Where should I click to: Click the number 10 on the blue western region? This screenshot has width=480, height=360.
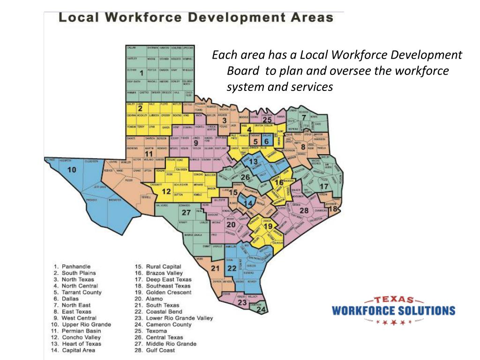tap(71, 170)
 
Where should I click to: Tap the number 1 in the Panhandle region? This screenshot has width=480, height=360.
tap(141, 73)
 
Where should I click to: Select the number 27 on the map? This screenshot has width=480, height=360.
tap(186, 212)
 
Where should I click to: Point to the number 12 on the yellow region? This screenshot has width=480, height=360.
tap(166, 191)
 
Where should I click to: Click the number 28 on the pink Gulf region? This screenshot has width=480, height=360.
tap(304, 211)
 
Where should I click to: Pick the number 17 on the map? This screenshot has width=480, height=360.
tap(324, 187)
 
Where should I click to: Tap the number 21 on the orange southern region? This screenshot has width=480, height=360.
tap(215, 269)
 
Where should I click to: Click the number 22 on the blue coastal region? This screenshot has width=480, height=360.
tap(232, 269)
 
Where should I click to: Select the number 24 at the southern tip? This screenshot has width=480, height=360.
tap(262, 310)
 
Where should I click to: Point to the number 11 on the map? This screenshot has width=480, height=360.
tap(149, 154)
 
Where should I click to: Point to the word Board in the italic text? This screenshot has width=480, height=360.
tap(243, 71)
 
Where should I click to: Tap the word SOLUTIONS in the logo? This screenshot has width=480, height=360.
tap(426, 310)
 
